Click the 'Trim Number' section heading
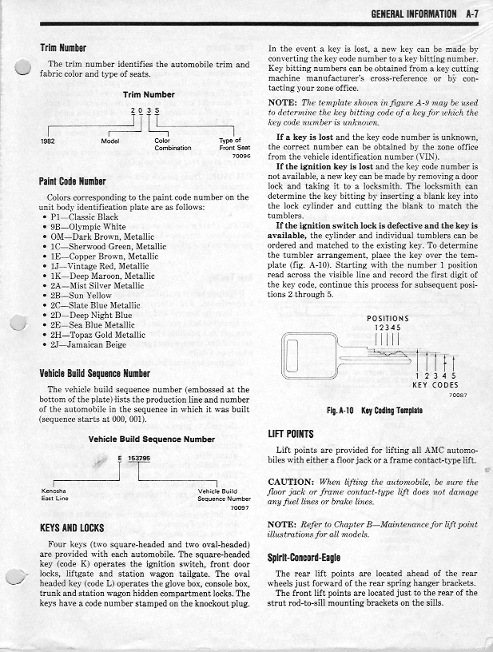[63, 48]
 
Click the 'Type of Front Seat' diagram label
[230, 145]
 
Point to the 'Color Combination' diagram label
[173, 145]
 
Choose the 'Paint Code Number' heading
[73, 181]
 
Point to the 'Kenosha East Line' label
[55, 495]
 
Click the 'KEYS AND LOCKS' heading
[72, 528]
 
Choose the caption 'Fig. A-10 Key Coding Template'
[374, 411]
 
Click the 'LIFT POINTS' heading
[290, 434]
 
